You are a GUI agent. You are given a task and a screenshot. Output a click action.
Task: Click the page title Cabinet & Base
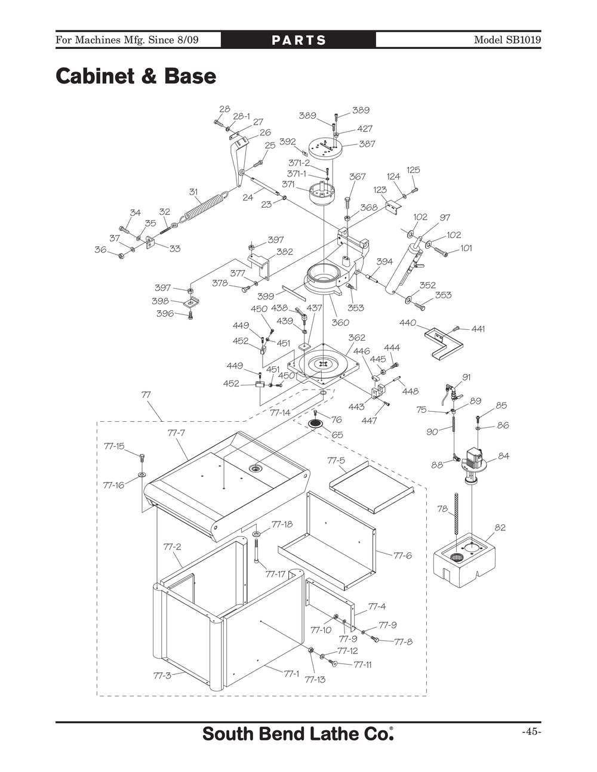point(136,76)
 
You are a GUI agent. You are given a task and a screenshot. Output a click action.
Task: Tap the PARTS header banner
point(298,40)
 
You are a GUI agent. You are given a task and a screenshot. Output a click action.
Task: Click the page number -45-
point(531,732)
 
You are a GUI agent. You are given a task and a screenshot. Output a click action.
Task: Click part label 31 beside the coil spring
point(193,192)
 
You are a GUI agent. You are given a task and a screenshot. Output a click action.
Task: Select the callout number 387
point(367,144)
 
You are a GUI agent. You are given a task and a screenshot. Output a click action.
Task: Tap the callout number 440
point(407,323)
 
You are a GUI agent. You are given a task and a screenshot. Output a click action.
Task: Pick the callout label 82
point(500,527)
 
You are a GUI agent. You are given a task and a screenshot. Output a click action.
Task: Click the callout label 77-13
point(315,680)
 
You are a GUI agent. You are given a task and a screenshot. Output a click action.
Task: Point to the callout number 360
point(340,323)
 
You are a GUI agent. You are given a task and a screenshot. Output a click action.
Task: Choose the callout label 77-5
point(336,460)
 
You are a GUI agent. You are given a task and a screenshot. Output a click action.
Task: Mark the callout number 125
point(413,170)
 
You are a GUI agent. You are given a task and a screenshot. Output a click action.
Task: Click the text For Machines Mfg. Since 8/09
point(127,40)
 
